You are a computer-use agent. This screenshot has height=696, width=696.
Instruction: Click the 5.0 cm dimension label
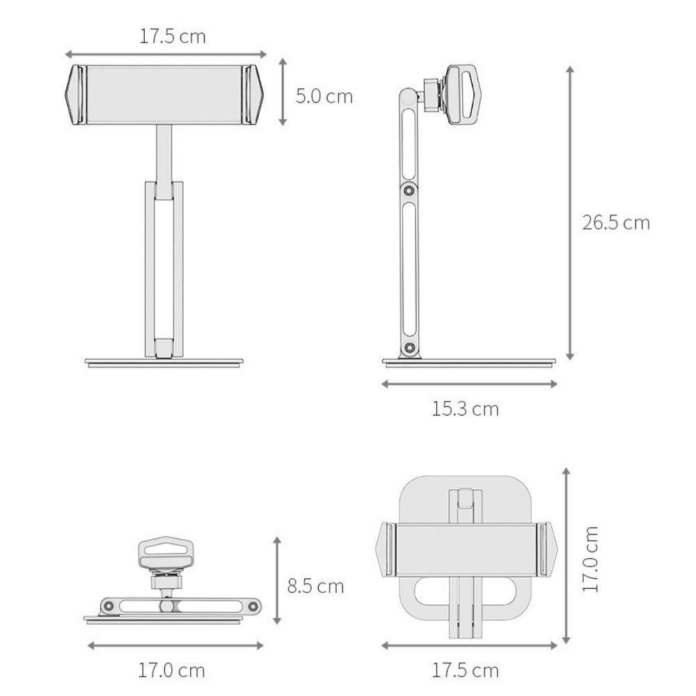(x=324, y=96)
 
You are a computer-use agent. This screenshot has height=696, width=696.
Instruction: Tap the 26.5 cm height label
(x=616, y=223)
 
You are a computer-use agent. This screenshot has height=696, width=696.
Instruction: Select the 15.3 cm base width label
(x=465, y=409)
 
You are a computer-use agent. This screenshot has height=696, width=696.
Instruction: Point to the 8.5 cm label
(x=315, y=586)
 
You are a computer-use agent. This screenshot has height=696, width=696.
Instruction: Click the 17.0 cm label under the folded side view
(x=171, y=670)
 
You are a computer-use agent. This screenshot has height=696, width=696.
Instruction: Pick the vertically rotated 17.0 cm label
(x=590, y=559)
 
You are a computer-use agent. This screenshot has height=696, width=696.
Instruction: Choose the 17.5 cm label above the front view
(x=173, y=36)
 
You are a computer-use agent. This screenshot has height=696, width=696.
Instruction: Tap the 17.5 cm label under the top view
(x=465, y=670)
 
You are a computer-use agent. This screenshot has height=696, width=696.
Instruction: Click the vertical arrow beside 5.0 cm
(x=283, y=91)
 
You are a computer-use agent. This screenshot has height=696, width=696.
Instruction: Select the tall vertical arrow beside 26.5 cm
(x=571, y=212)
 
